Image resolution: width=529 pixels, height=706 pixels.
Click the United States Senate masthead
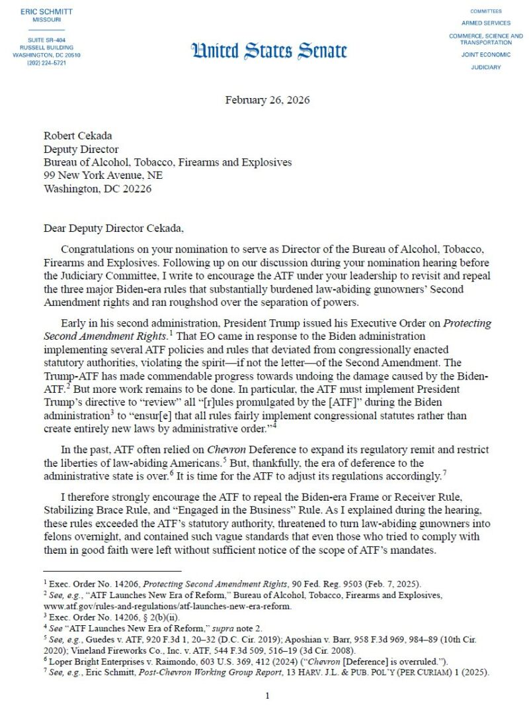(269, 51)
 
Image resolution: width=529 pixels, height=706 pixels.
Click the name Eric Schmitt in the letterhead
(46, 12)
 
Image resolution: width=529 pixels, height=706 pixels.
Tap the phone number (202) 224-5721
(46, 63)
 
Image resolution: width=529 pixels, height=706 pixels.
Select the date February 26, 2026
(267, 100)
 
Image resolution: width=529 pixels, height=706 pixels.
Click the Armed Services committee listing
(486, 23)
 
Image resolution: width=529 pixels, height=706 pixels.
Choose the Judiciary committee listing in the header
(486, 67)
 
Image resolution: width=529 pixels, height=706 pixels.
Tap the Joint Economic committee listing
(486, 54)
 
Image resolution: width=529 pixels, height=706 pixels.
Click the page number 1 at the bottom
(267, 696)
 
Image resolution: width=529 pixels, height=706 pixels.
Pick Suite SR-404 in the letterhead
(46, 41)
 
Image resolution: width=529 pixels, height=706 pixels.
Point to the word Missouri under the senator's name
(46, 20)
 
